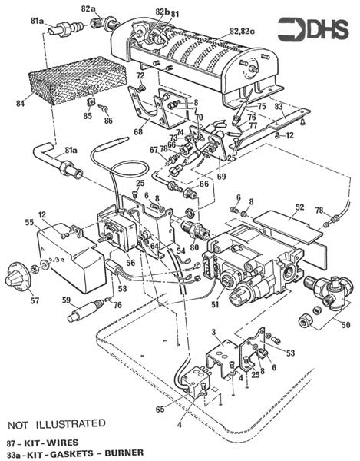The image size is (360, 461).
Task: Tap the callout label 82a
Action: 89,8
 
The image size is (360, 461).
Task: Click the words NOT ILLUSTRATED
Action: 57,423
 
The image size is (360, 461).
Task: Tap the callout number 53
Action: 290,353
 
